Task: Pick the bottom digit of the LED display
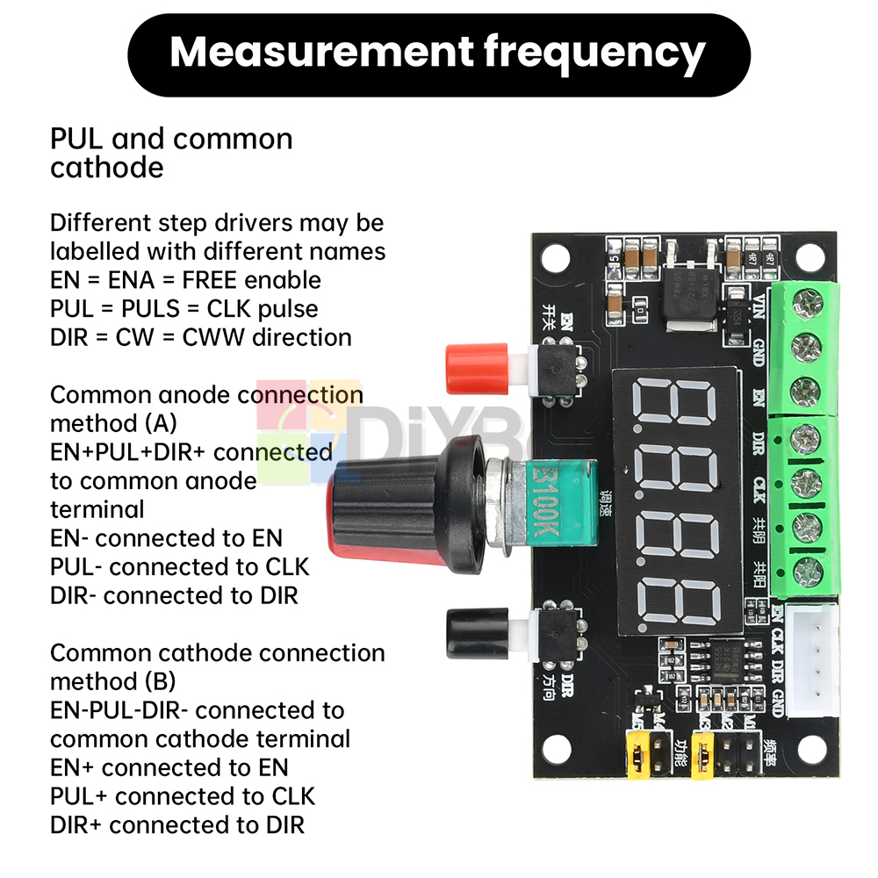click(x=676, y=597)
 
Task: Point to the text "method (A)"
click(x=113, y=423)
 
